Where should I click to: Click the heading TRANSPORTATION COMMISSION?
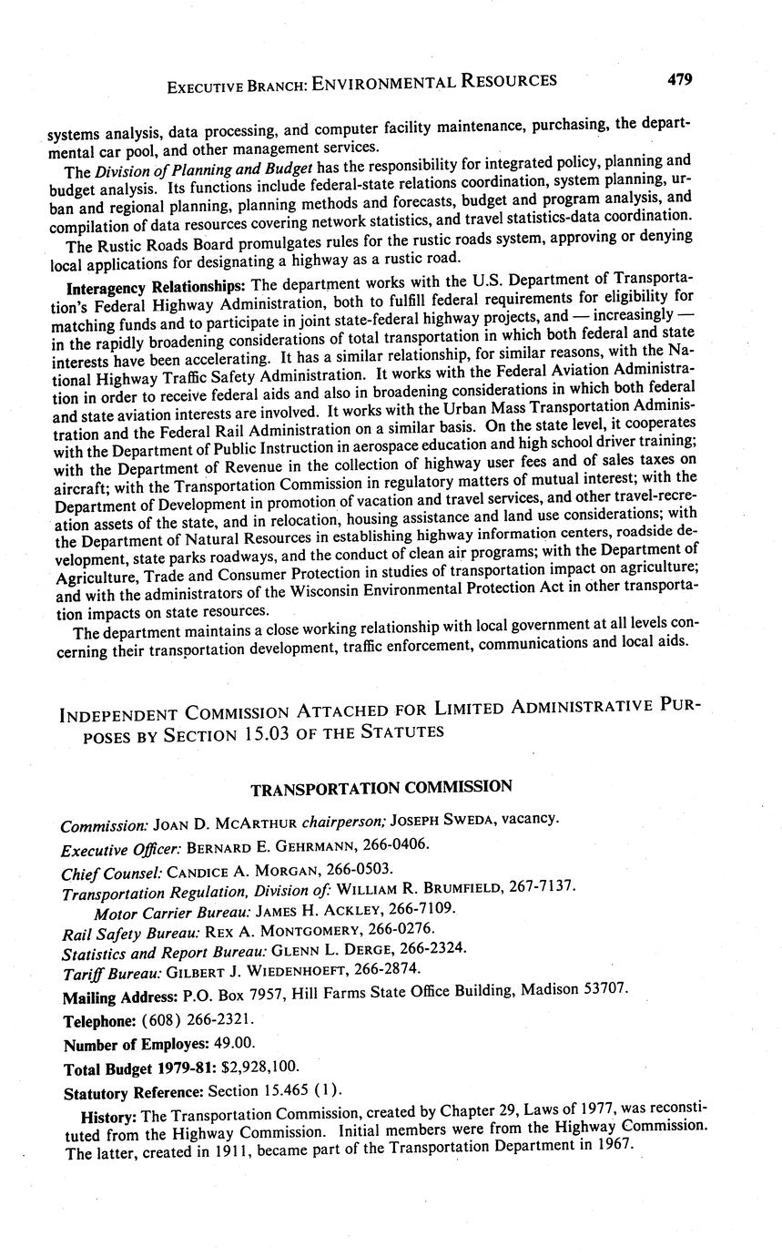coord(381,787)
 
